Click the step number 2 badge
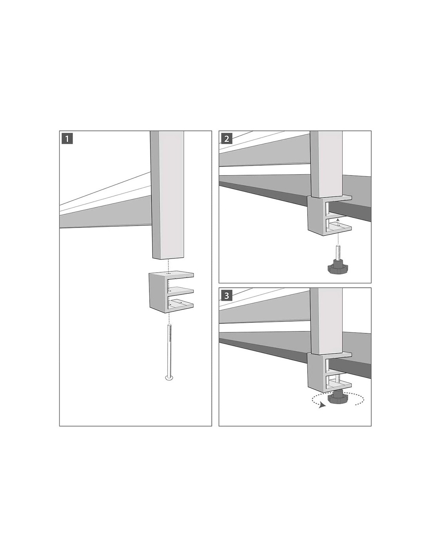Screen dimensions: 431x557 [x=226, y=139]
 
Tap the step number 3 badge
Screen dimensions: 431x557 [x=226, y=296]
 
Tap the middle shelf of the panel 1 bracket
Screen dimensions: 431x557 [x=180, y=291]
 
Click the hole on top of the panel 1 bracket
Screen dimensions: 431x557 [x=168, y=274]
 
